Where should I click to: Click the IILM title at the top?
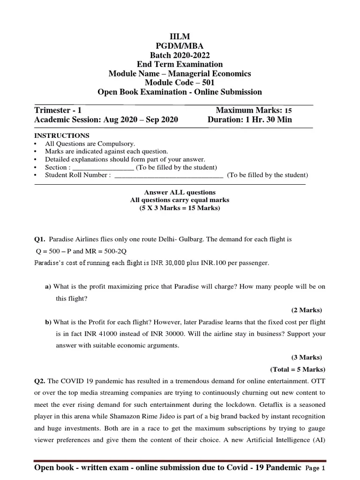click(x=180, y=36)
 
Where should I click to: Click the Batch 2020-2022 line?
click(x=180, y=55)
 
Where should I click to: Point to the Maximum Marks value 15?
click(x=288, y=111)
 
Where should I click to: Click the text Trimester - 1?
click(x=58, y=110)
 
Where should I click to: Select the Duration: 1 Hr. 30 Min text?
click(x=249, y=120)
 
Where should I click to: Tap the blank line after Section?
click(x=104, y=167)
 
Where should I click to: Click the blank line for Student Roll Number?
click(x=169, y=175)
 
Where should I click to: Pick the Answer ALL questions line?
click(x=180, y=192)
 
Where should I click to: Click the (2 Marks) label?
click(x=307, y=310)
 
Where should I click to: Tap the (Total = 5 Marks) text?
click(x=298, y=369)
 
